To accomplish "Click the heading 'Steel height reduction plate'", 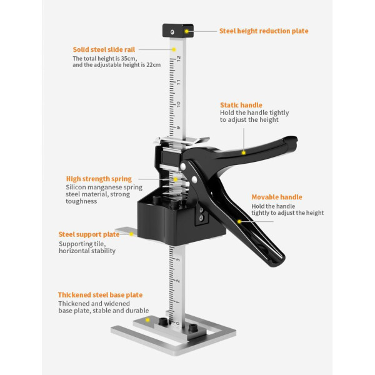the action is pyautogui.click(x=264, y=31).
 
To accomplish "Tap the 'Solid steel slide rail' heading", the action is pyautogui.click(x=104, y=49).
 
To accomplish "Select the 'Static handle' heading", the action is pyautogui.click(x=241, y=105).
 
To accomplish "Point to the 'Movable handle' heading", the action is pyautogui.click(x=277, y=197).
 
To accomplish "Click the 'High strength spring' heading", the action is pyautogui.click(x=99, y=179).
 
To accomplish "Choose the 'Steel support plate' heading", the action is pyautogui.click(x=89, y=234).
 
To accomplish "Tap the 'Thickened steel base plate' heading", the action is pyautogui.click(x=100, y=295).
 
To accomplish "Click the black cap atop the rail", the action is pyautogui.click(x=178, y=31).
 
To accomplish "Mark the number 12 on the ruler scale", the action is pyautogui.click(x=178, y=58).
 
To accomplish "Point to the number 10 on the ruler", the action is pyautogui.click(x=178, y=104).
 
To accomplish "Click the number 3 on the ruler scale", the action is pyautogui.click(x=178, y=259).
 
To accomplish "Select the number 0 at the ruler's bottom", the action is pyautogui.click(x=177, y=324).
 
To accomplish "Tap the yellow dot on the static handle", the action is pyautogui.click(x=244, y=152).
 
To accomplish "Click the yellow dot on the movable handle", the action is pyautogui.click(x=239, y=221).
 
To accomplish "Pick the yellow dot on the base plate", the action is pyautogui.click(x=147, y=320).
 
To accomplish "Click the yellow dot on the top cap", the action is pyautogui.click(x=186, y=31).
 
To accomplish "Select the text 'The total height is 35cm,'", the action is pyautogui.click(x=105, y=59).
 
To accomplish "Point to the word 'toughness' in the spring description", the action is pyautogui.click(x=81, y=201).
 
